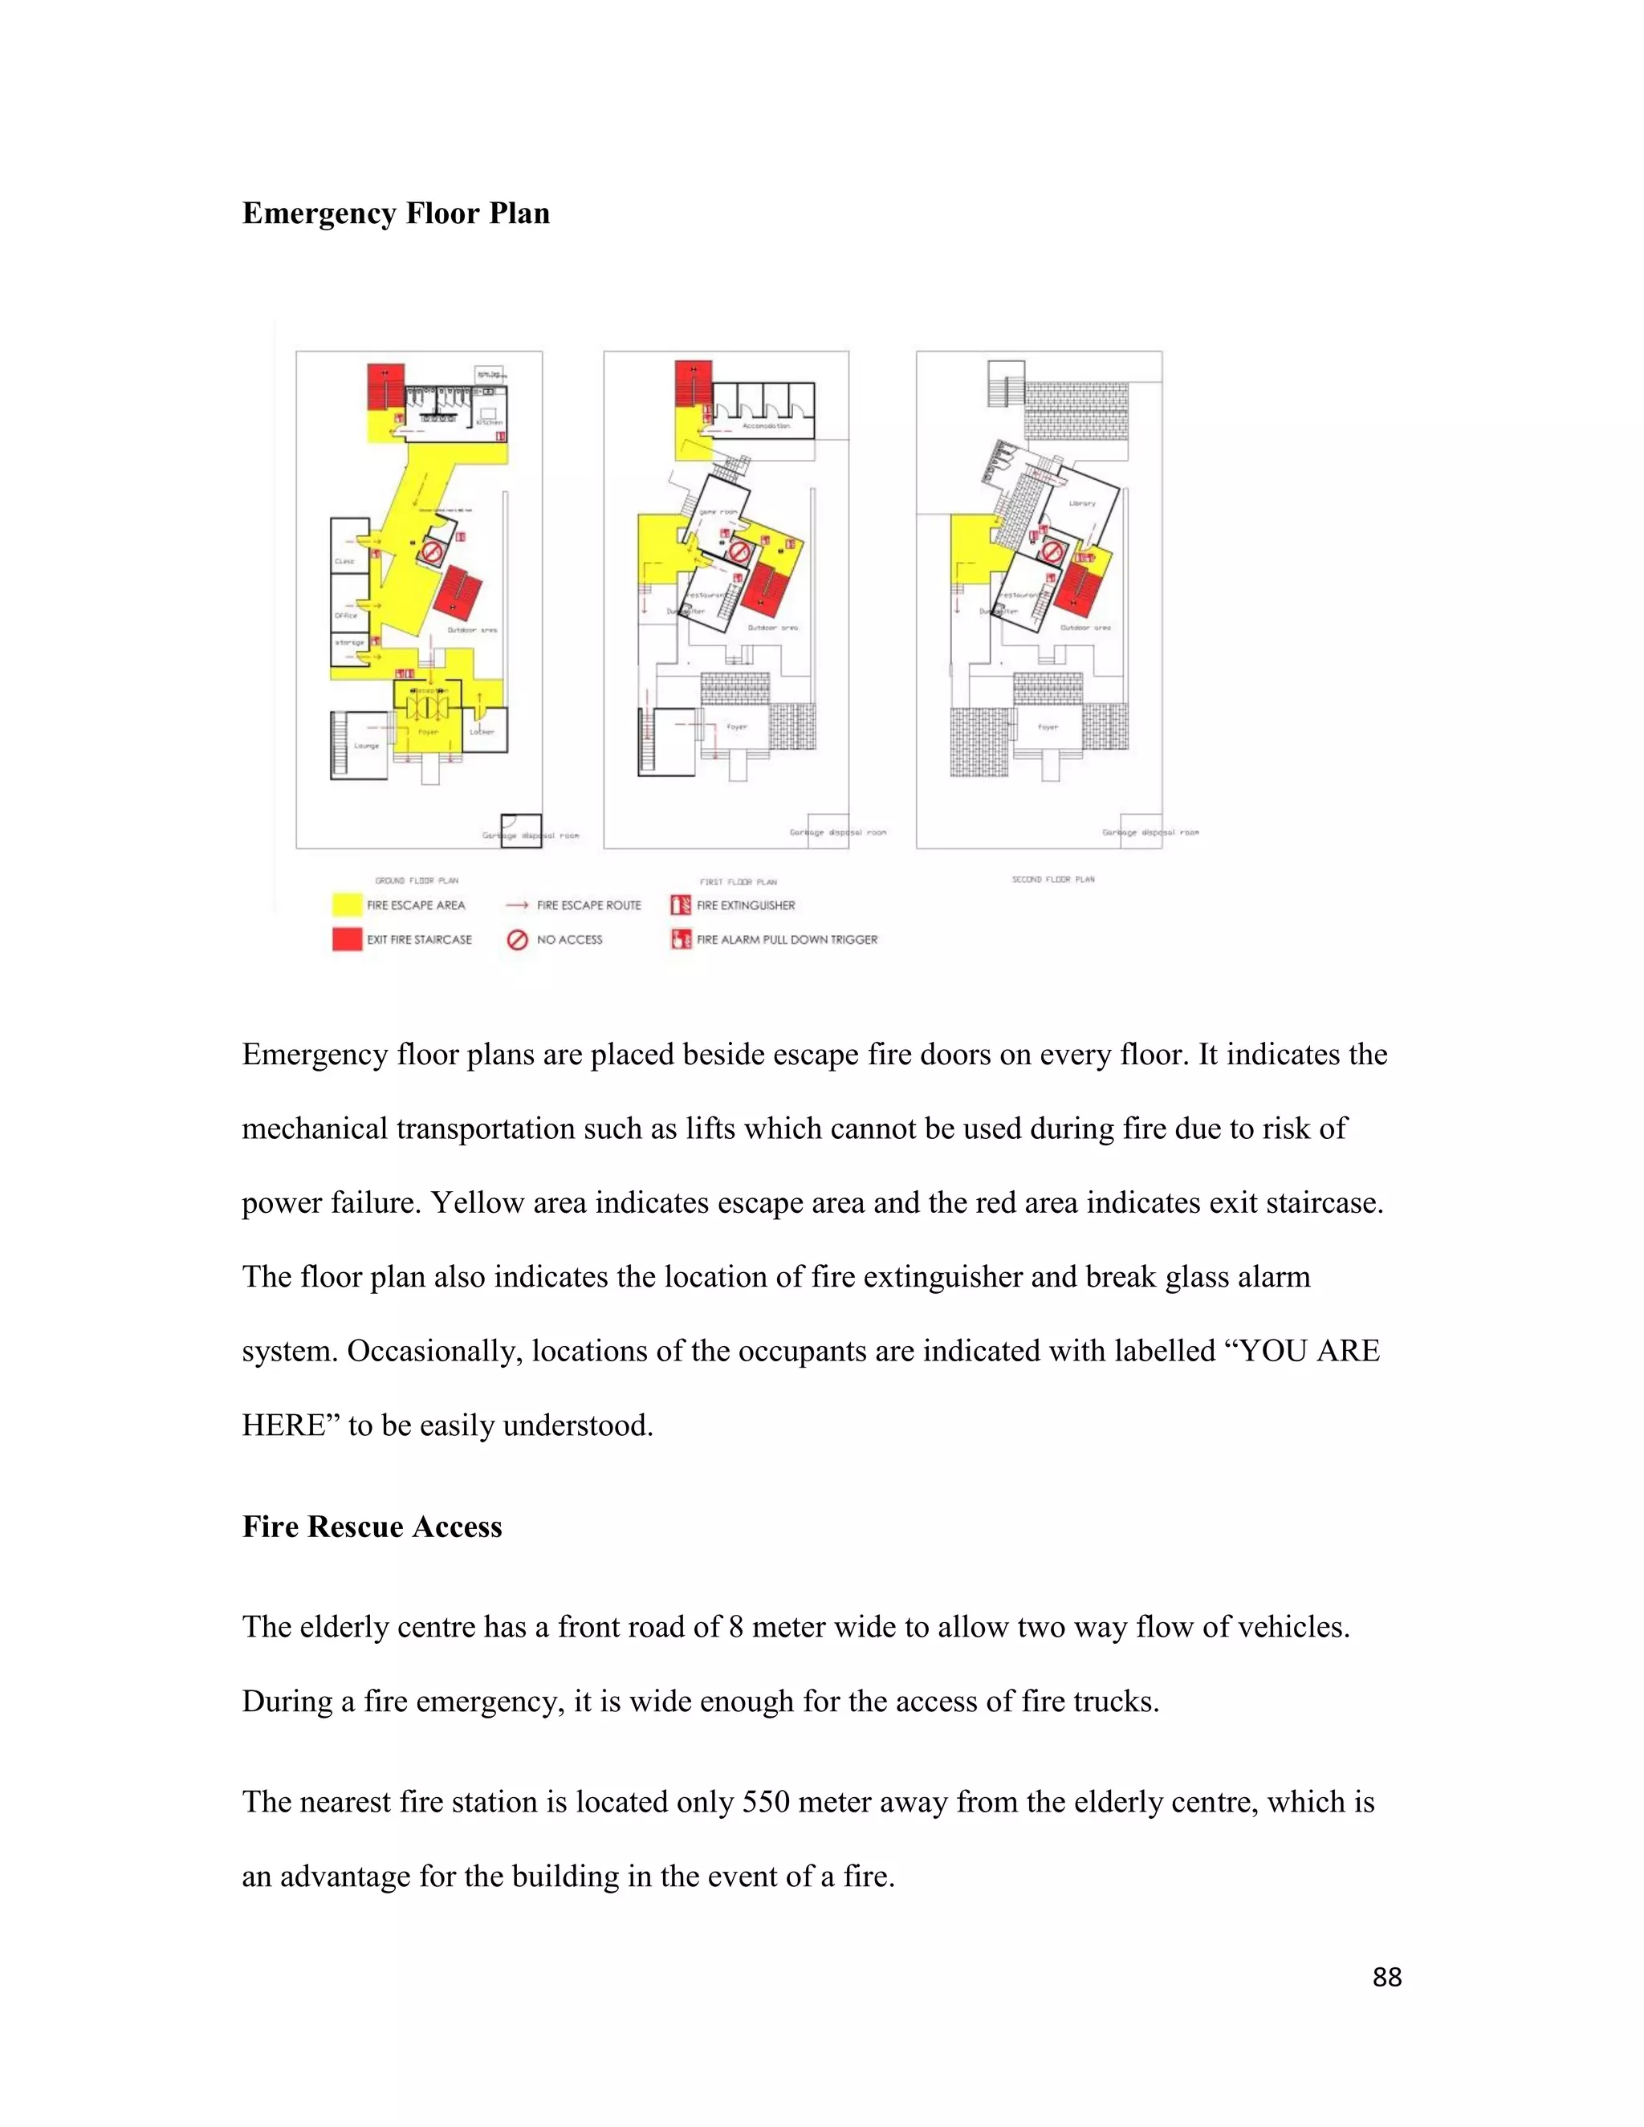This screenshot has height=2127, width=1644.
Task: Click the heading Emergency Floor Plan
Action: [x=396, y=214]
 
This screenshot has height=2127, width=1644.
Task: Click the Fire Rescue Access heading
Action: [x=371, y=1526]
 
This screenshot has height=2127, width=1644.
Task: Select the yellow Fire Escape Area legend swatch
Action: [x=347, y=905]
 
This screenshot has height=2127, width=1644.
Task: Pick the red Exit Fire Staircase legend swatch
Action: [x=347, y=939]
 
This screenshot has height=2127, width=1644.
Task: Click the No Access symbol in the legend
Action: [x=517, y=939]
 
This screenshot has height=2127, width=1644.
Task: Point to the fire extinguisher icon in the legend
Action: [x=680, y=905]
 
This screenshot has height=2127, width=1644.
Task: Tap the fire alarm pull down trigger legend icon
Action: [x=680, y=939]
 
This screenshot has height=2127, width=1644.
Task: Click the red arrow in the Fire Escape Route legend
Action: [x=517, y=905]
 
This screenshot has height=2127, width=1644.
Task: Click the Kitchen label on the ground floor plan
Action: [x=490, y=423]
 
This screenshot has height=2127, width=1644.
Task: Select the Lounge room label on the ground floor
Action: [x=366, y=746]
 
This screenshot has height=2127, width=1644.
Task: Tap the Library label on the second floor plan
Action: [x=1082, y=503]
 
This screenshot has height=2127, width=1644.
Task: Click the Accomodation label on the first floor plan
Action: [x=767, y=425]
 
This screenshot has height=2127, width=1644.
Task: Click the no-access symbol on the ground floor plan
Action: [x=431, y=553]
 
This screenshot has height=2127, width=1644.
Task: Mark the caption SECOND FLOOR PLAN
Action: [x=1053, y=880]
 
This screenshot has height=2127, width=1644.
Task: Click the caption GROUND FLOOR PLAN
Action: [x=417, y=880]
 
